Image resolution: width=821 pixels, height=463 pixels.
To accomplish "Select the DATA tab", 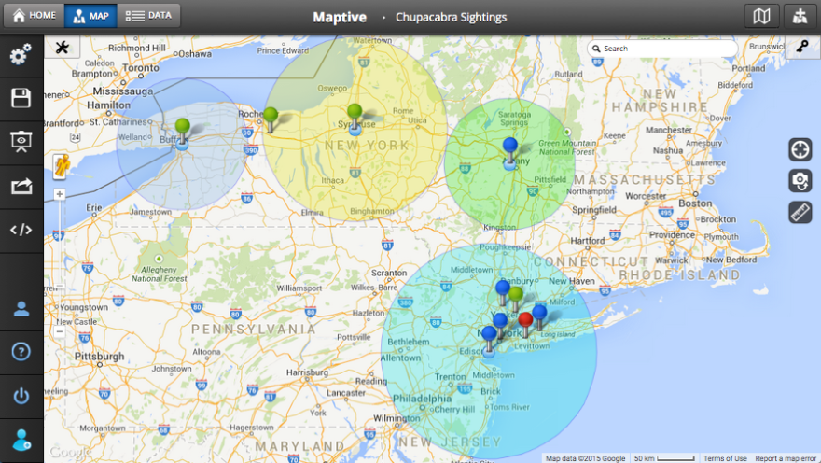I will [148, 15].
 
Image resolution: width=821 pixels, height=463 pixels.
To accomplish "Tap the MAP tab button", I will [90, 15].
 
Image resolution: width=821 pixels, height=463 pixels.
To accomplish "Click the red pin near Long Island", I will [525, 322].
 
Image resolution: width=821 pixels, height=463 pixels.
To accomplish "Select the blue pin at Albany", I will [509, 147].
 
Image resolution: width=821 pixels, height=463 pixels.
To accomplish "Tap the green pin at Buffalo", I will [183, 128].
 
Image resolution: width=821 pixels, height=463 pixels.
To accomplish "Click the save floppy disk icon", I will [21, 98].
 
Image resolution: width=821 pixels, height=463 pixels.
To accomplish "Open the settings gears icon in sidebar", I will [21, 55].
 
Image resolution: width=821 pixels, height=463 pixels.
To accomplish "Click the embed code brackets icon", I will [21, 230].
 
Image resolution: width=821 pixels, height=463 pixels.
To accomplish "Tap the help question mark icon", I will [21, 352].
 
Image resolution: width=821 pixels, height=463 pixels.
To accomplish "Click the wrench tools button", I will [63, 48].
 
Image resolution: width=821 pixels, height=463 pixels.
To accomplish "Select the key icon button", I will [802, 47].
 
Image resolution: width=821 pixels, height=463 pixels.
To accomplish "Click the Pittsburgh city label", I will [100, 357].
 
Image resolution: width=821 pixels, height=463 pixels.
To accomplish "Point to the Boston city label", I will [696, 203].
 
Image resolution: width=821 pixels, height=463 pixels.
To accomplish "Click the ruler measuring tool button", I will [800, 212].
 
